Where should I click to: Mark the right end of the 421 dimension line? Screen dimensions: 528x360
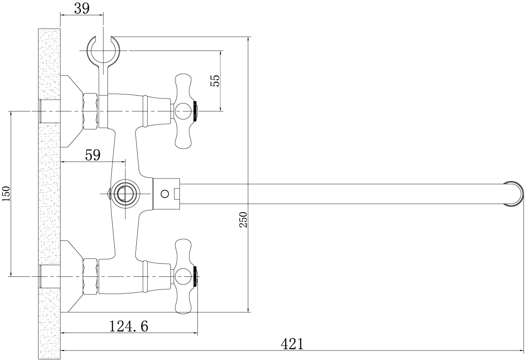click(524, 351)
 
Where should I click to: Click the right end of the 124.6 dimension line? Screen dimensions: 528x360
click(198, 333)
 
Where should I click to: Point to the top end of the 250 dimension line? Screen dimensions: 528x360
click(248, 36)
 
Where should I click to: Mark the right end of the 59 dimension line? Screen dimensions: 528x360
click(125, 162)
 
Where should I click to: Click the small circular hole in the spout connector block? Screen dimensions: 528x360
click(165, 194)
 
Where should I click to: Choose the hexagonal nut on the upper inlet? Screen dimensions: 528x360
click(91, 111)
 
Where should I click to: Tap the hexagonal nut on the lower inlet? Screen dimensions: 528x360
click(91, 276)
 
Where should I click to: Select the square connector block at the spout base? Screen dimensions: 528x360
click(166, 194)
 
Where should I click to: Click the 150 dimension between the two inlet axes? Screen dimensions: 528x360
click(7, 194)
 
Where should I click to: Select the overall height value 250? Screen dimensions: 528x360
click(243, 219)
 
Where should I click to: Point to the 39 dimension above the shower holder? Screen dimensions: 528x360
click(82, 9)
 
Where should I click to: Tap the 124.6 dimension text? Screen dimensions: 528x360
click(129, 326)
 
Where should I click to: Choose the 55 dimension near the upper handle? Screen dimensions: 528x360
click(215, 80)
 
